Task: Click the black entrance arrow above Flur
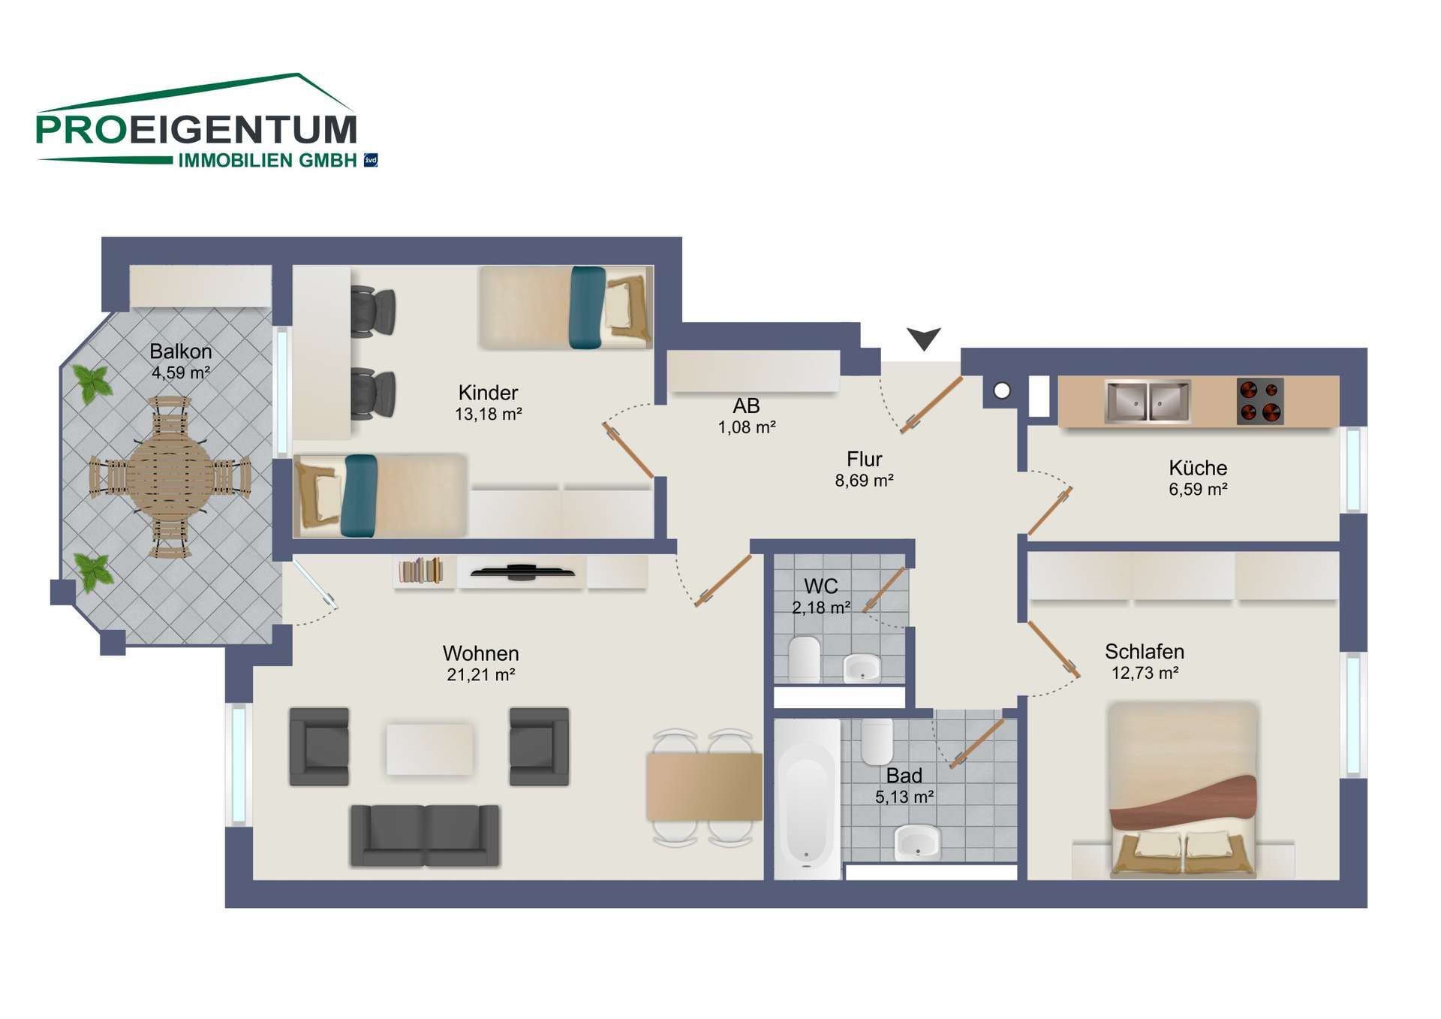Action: coord(923,337)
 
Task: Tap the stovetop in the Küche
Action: coord(1259,401)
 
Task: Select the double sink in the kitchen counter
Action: coord(1148,401)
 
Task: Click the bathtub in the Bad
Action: coord(806,799)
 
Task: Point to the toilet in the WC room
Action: coord(805,659)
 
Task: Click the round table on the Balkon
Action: coord(170,477)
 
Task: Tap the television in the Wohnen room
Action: coord(522,572)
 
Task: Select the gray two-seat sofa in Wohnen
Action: coord(425,835)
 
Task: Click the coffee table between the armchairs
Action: coord(429,748)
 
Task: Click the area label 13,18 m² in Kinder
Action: coord(489,414)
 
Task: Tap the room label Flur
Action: coord(865,459)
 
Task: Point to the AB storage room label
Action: coord(747,405)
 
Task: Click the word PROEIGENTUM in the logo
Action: coord(197,130)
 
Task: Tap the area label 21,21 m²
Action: coord(481,675)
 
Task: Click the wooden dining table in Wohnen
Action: coord(704,787)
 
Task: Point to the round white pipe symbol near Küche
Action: coord(1002,390)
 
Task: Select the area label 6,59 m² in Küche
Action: coord(1198,490)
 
